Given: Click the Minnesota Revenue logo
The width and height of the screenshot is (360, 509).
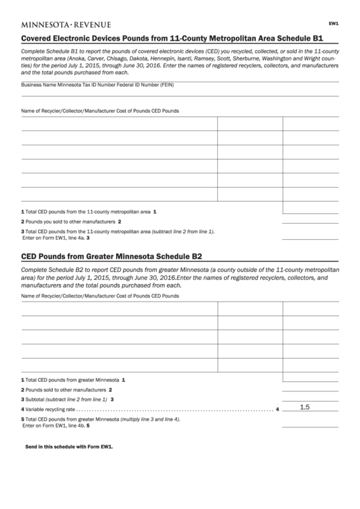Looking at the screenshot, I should click(x=66, y=24).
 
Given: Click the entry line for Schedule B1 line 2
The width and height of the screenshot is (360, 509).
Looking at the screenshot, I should click(x=309, y=222).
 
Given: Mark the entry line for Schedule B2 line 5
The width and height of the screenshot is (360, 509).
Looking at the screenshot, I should click(x=309, y=424).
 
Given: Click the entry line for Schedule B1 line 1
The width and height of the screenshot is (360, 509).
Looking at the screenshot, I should click(x=309, y=212).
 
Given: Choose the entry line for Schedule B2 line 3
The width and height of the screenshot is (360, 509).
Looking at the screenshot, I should click(x=309, y=400).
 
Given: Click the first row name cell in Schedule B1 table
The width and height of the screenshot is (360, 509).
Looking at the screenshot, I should click(x=119, y=124).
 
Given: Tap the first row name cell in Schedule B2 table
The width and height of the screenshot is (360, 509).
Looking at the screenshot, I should click(x=119, y=309).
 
